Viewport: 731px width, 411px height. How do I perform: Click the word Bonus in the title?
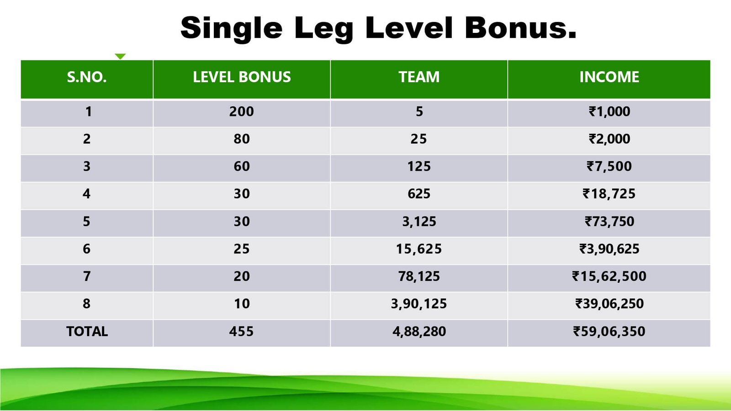coord(521,27)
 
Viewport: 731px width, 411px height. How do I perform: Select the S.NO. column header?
coord(87,77)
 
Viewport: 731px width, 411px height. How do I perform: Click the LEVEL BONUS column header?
coord(242,77)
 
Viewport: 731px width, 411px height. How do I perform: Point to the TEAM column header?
coord(419,77)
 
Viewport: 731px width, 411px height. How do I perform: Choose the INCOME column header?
coord(609,77)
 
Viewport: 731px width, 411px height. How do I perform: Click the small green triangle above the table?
coord(120,57)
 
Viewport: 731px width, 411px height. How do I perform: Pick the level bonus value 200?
coord(242,111)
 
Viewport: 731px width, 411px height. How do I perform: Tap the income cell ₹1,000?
coord(609,111)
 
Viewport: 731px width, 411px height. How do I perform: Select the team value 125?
coord(419,166)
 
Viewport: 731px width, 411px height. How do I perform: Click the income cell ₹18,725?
coord(609,194)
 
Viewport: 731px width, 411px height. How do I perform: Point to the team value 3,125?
coord(419,221)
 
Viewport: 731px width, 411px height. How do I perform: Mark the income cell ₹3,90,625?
coord(609,249)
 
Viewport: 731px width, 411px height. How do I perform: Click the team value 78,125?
coord(419,276)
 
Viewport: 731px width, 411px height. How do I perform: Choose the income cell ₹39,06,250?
coord(609,304)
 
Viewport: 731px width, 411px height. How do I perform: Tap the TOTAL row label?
coord(87,332)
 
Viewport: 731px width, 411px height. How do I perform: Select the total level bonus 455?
coord(242,332)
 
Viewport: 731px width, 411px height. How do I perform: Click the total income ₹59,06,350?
coord(609,332)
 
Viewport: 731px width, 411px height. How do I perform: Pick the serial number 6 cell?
coord(86,249)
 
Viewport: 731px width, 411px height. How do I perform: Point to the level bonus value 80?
coord(242,139)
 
